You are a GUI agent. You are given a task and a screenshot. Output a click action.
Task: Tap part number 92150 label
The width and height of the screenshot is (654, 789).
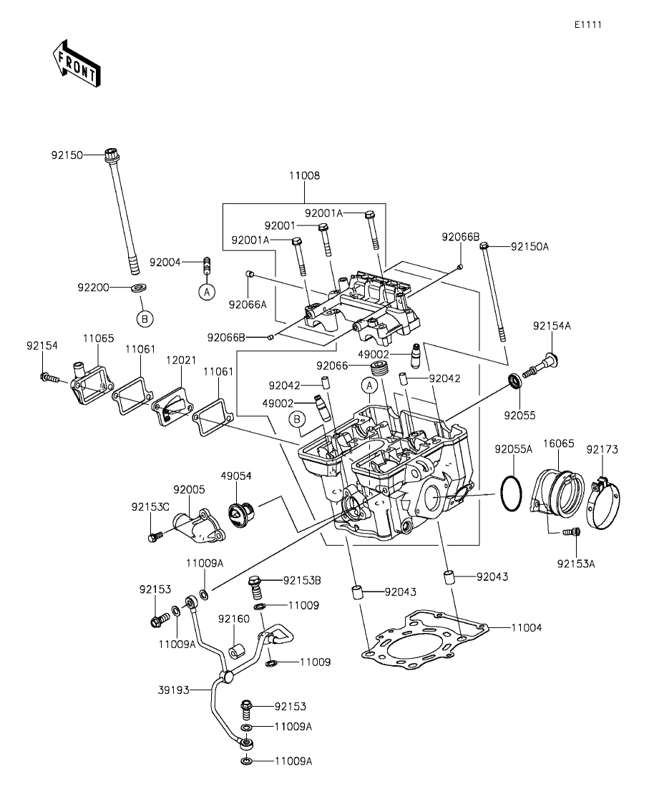67,155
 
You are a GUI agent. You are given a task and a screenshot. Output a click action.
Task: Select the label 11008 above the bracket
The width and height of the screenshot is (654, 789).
304,176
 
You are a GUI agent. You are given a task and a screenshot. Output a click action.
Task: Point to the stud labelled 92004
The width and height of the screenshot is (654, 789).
206,265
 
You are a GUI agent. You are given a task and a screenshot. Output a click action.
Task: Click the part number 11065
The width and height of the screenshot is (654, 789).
98,338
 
